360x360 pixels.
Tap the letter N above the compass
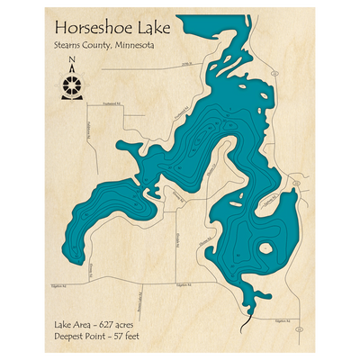72,62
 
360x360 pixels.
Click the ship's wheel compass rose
72,85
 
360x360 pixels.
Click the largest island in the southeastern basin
266,248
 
